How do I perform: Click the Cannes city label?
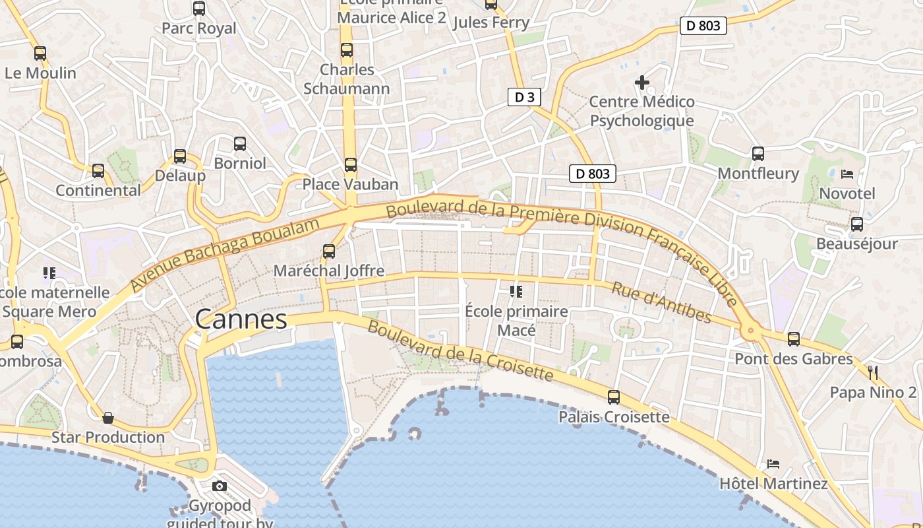(x=241, y=319)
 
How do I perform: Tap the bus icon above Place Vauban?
(x=351, y=165)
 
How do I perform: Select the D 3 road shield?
(x=524, y=98)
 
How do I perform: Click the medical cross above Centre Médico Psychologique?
(x=642, y=82)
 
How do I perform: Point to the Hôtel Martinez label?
(x=773, y=484)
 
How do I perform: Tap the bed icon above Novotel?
(x=847, y=174)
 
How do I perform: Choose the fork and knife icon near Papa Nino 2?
(x=873, y=373)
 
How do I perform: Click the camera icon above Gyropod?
(x=220, y=486)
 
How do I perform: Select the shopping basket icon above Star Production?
(x=108, y=418)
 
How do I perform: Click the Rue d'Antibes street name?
(x=661, y=303)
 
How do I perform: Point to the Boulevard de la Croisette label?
(x=460, y=350)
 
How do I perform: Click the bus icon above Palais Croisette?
(x=614, y=397)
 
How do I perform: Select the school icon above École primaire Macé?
(x=516, y=291)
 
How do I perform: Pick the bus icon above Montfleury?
(x=758, y=154)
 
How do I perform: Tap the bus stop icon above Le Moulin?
(x=40, y=53)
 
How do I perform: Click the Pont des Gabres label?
(x=794, y=359)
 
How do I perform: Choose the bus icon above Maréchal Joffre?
(x=329, y=251)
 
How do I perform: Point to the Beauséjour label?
(x=856, y=244)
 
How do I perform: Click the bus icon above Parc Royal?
(x=199, y=9)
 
